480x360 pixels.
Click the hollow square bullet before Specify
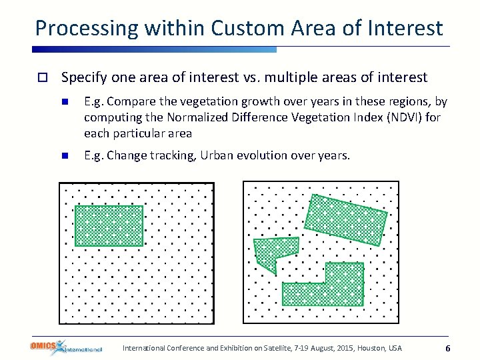tap(41, 78)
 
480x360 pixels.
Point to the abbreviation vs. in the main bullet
tap(251, 77)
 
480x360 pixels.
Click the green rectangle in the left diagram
tap(109, 225)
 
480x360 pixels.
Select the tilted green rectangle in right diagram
tap(345, 219)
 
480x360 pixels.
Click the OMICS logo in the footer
tap(65, 347)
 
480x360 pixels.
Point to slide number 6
tap(448, 349)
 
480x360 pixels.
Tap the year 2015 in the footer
tap(341, 348)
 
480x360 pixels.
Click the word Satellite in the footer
tap(268, 348)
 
